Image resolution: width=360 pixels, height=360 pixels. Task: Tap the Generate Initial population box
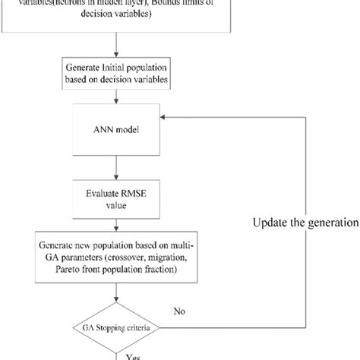pos(115,77)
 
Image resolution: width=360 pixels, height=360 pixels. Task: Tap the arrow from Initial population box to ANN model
pos(115,98)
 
